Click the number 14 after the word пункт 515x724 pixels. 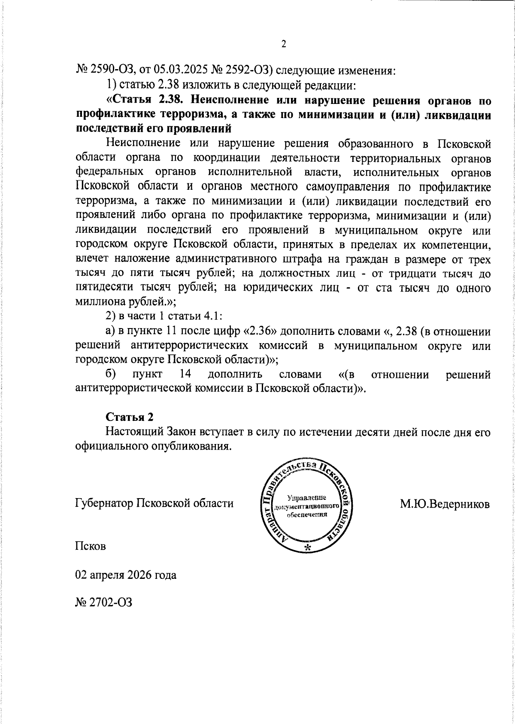point(185,374)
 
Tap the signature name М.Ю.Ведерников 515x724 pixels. point(445,503)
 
